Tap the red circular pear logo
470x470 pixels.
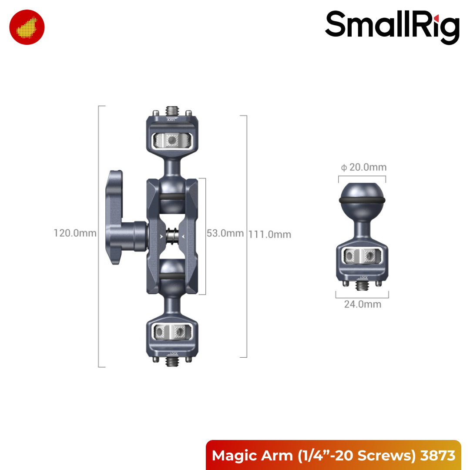(x=27, y=27)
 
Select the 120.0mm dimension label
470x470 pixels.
(x=75, y=233)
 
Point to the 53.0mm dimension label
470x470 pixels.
(x=225, y=233)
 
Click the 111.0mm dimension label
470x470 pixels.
(x=270, y=234)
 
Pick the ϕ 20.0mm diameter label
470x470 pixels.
(x=364, y=167)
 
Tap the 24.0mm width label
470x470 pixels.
(x=363, y=304)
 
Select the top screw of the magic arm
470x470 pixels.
(x=172, y=109)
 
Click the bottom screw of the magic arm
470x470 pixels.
(x=172, y=361)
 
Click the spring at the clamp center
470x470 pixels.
(x=172, y=236)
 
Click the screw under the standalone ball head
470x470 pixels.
(x=362, y=285)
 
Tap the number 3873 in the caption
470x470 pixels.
(x=438, y=455)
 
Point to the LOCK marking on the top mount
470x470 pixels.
(x=172, y=119)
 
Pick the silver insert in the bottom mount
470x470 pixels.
(x=172, y=332)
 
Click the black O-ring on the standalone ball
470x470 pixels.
(x=362, y=201)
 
